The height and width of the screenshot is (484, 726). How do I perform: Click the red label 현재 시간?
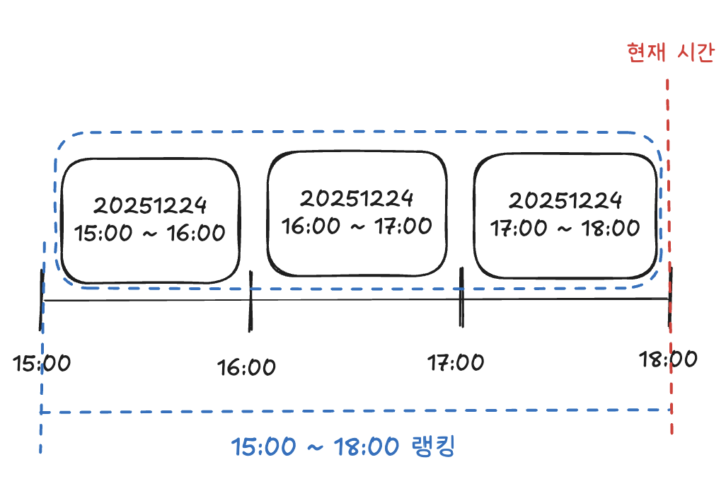[671, 53]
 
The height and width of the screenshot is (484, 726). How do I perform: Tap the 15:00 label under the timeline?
[42, 364]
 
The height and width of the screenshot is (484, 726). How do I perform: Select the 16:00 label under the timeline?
[246, 368]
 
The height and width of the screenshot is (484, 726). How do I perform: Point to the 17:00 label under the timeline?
[456, 364]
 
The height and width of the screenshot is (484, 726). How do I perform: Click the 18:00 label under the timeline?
[668, 359]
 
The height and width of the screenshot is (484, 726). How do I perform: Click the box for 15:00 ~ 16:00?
[151, 219]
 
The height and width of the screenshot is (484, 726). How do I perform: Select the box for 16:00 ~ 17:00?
[357, 212]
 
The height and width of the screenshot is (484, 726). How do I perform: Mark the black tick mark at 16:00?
[250, 301]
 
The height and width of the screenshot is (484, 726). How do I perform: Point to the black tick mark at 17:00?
[461, 297]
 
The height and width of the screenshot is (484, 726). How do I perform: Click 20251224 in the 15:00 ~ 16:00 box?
[151, 205]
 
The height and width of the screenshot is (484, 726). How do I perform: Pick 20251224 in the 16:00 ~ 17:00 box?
[357, 197]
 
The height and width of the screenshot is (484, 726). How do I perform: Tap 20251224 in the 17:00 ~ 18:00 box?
[565, 200]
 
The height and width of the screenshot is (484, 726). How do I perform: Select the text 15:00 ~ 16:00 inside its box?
[151, 233]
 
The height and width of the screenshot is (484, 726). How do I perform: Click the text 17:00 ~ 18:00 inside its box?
[565, 229]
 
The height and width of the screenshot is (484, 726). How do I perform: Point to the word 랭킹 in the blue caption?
[433, 446]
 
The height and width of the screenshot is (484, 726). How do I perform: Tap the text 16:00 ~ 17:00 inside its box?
[357, 226]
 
